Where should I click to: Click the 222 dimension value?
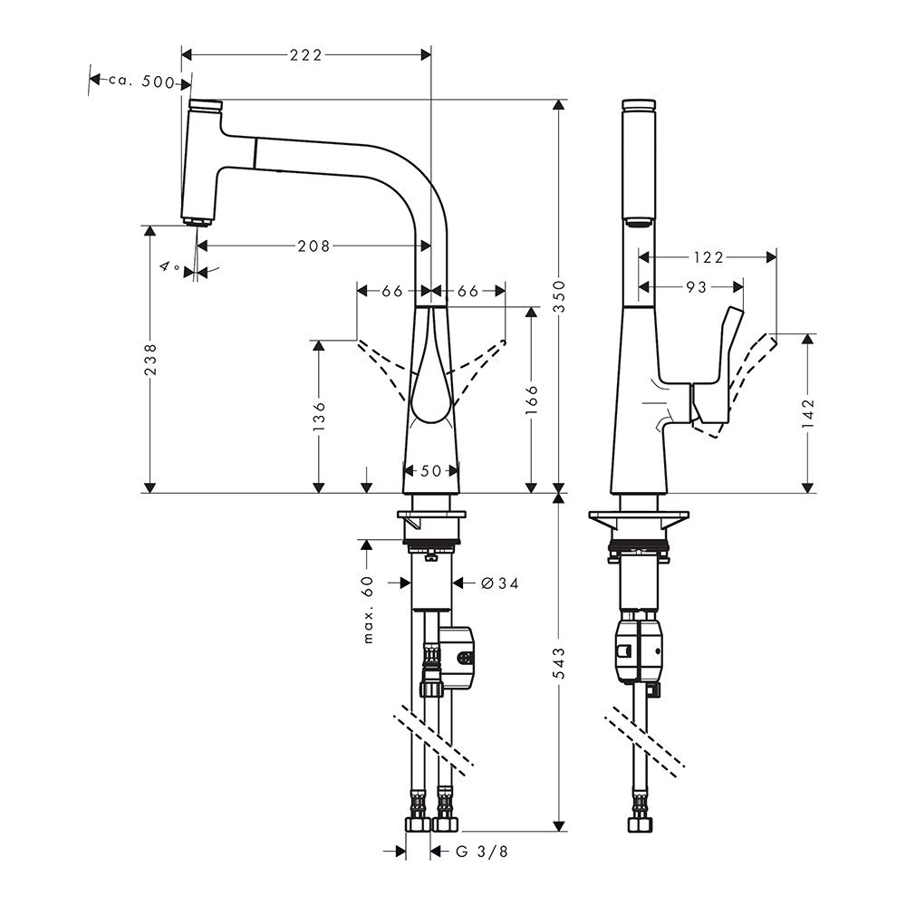tap(305, 55)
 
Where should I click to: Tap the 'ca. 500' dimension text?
tap(141, 82)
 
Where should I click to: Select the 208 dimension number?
tap(313, 246)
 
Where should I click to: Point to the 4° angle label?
tap(170, 267)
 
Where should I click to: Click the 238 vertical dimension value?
tap(150, 360)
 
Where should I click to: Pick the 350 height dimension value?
tap(559, 296)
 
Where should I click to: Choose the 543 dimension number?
tap(559, 663)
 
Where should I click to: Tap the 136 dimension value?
tap(319, 417)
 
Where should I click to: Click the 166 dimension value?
tap(532, 400)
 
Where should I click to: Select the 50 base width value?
tap(431, 471)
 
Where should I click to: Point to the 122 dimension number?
tap(708, 257)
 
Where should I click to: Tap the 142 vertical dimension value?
tap(808, 412)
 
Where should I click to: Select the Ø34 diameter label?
tap(500, 583)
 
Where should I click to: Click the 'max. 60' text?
tap(369, 610)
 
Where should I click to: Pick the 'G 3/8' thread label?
tap(482, 851)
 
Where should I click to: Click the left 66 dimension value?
tap(391, 291)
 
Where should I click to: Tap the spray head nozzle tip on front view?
tap(195, 221)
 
